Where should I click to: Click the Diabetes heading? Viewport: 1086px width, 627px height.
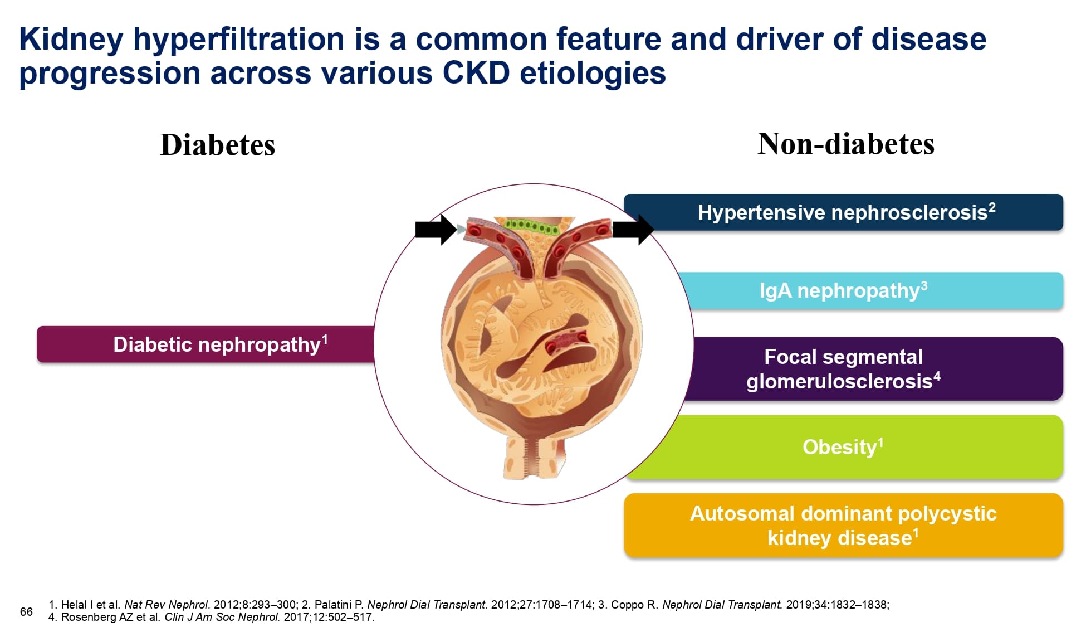point(217,145)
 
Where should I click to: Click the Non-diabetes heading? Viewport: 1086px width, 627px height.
point(845,144)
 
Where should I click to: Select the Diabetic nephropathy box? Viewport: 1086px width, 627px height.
point(206,344)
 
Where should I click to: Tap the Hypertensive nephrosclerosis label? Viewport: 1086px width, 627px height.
point(847,212)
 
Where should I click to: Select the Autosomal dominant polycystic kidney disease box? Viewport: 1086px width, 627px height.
point(844,525)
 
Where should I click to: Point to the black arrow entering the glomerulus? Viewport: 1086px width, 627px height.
point(436,229)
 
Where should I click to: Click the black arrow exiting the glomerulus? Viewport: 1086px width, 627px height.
point(633,229)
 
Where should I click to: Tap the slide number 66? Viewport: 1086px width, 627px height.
point(26,612)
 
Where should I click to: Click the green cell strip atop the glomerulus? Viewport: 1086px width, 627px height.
point(532,226)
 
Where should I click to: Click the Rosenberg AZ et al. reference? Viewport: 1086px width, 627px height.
point(212,617)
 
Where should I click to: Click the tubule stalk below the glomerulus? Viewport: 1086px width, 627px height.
point(535,457)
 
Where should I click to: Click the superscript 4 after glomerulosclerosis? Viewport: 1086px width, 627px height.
point(937,376)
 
